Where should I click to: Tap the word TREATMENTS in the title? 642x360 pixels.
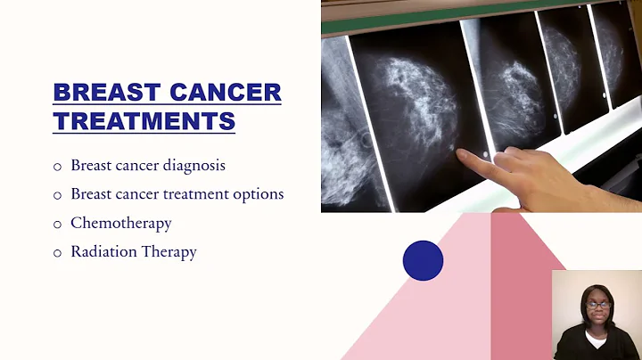pyautogui.click(x=144, y=120)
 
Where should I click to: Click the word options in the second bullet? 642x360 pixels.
pyautogui.click(x=258, y=193)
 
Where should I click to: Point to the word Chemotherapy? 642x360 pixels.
pyautogui.click(x=121, y=223)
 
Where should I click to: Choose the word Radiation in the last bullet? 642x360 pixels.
pyautogui.click(x=103, y=251)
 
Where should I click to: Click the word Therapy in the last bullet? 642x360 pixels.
pyautogui.click(x=169, y=252)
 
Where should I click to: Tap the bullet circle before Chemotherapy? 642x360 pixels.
pyautogui.click(x=58, y=224)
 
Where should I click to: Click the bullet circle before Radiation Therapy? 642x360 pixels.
pyautogui.click(x=58, y=252)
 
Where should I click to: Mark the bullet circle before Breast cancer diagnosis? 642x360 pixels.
pyautogui.click(x=58, y=166)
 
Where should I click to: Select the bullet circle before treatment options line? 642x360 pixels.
pyautogui.click(x=58, y=194)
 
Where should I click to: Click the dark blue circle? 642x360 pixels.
pyautogui.click(x=423, y=260)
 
